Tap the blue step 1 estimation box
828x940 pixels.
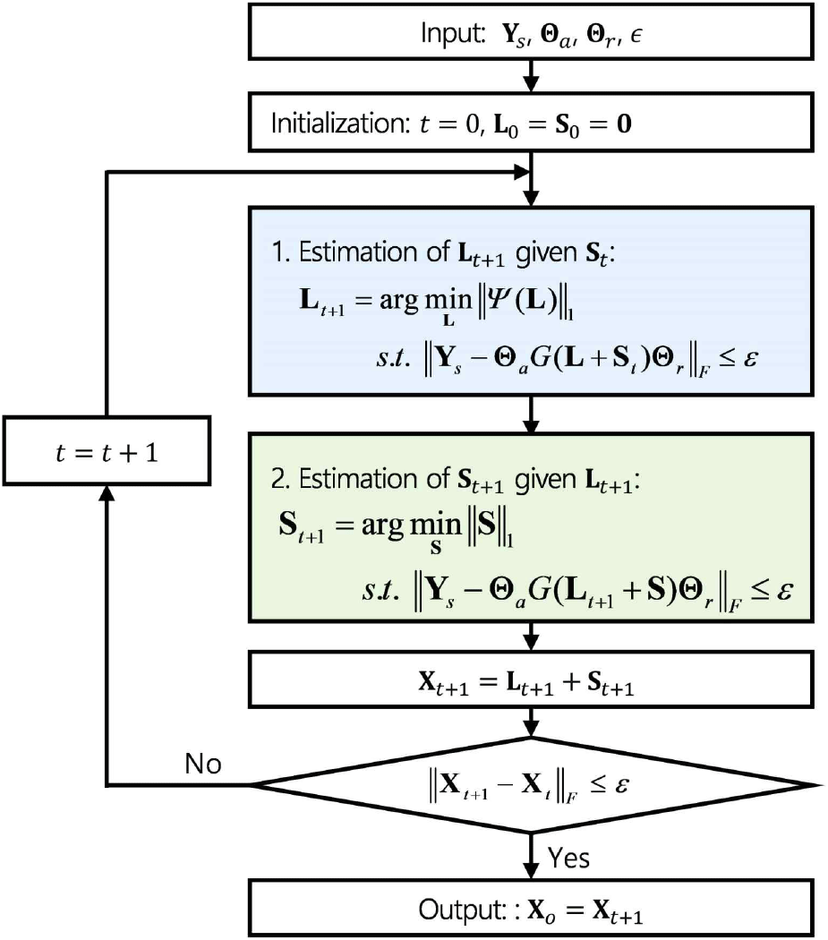tap(531, 300)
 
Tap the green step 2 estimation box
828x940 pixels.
tap(531, 526)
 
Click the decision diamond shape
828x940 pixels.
tap(531, 785)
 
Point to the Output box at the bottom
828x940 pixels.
tap(531, 909)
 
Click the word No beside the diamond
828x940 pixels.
tap(203, 765)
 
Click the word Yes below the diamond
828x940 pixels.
tap(568, 858)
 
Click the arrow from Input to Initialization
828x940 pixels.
tap(532, 76)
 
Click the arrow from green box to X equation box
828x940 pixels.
tap(532, 638)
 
